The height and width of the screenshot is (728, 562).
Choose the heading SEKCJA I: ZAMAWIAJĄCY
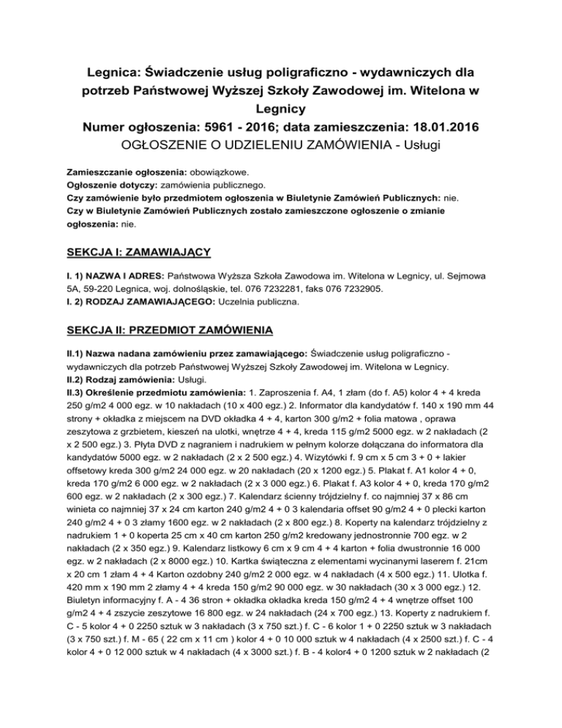point(138,252)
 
